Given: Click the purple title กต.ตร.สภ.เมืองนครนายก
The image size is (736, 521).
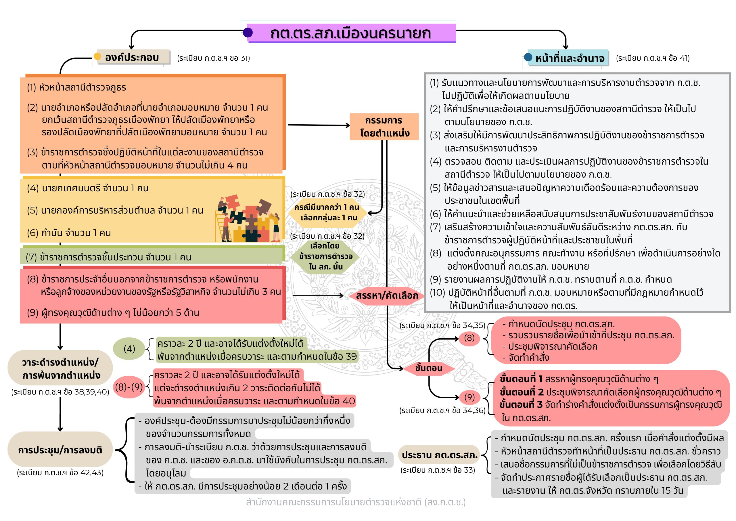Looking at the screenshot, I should point(351,33).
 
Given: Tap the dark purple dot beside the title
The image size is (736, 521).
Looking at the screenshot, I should point(248,33).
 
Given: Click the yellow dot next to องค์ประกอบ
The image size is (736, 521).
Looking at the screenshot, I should point(97,56).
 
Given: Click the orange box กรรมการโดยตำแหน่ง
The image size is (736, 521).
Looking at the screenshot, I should point(384,127).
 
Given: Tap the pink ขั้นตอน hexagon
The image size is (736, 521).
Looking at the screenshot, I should point(429,368).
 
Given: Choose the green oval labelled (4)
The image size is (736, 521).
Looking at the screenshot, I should point(129,349).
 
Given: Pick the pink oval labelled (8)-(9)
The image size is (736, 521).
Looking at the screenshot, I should point(129,387).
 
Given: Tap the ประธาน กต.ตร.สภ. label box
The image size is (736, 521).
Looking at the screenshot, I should point(440,455).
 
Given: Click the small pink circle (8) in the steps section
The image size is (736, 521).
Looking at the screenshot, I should point(469,338).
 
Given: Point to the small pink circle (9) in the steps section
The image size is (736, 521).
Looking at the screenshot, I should point(469,397).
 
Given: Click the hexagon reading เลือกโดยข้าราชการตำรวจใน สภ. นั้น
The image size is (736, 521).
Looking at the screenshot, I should point(325,256).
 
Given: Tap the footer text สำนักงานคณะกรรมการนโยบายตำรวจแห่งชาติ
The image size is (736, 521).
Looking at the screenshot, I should point(356,502).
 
